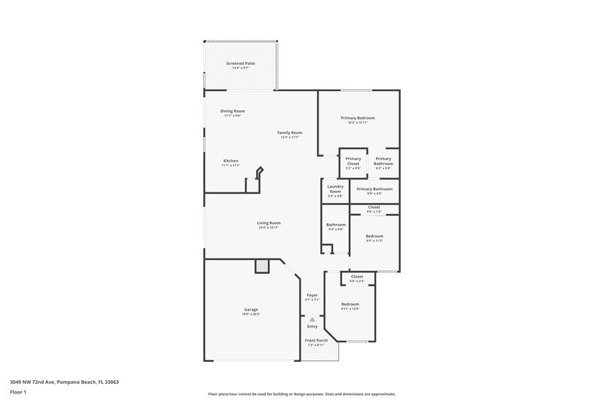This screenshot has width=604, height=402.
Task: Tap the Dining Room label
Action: click(x=233, y=111)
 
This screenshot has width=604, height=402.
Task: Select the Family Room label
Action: click(x=290, y=133)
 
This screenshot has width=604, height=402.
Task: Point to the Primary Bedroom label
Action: click(x=357, y=118)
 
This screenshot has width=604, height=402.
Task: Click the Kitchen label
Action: click(x=231, y=161)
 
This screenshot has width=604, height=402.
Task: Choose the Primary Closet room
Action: click(x=353, y=162)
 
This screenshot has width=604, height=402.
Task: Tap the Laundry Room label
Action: click(x=336, y=189)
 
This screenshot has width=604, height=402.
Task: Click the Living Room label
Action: click(x=269, y=222)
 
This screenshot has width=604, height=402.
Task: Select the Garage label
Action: click(x=251, y=310)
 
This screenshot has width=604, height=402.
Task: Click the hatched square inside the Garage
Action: click(x=262, y=265)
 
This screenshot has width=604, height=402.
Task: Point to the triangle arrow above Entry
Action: click(x=312, y=320)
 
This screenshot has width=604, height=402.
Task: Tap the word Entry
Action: click(x=312, y=327)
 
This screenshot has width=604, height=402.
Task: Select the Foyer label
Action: click(x=312, y=295)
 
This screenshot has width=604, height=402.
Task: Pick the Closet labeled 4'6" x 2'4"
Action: click(x=357, y=277)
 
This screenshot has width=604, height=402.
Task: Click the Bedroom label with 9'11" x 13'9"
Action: click(x=350, y=304)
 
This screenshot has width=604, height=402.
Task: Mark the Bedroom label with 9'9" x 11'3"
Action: click(x=374, y=236)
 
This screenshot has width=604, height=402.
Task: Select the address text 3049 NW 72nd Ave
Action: click(x=37, y=382)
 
